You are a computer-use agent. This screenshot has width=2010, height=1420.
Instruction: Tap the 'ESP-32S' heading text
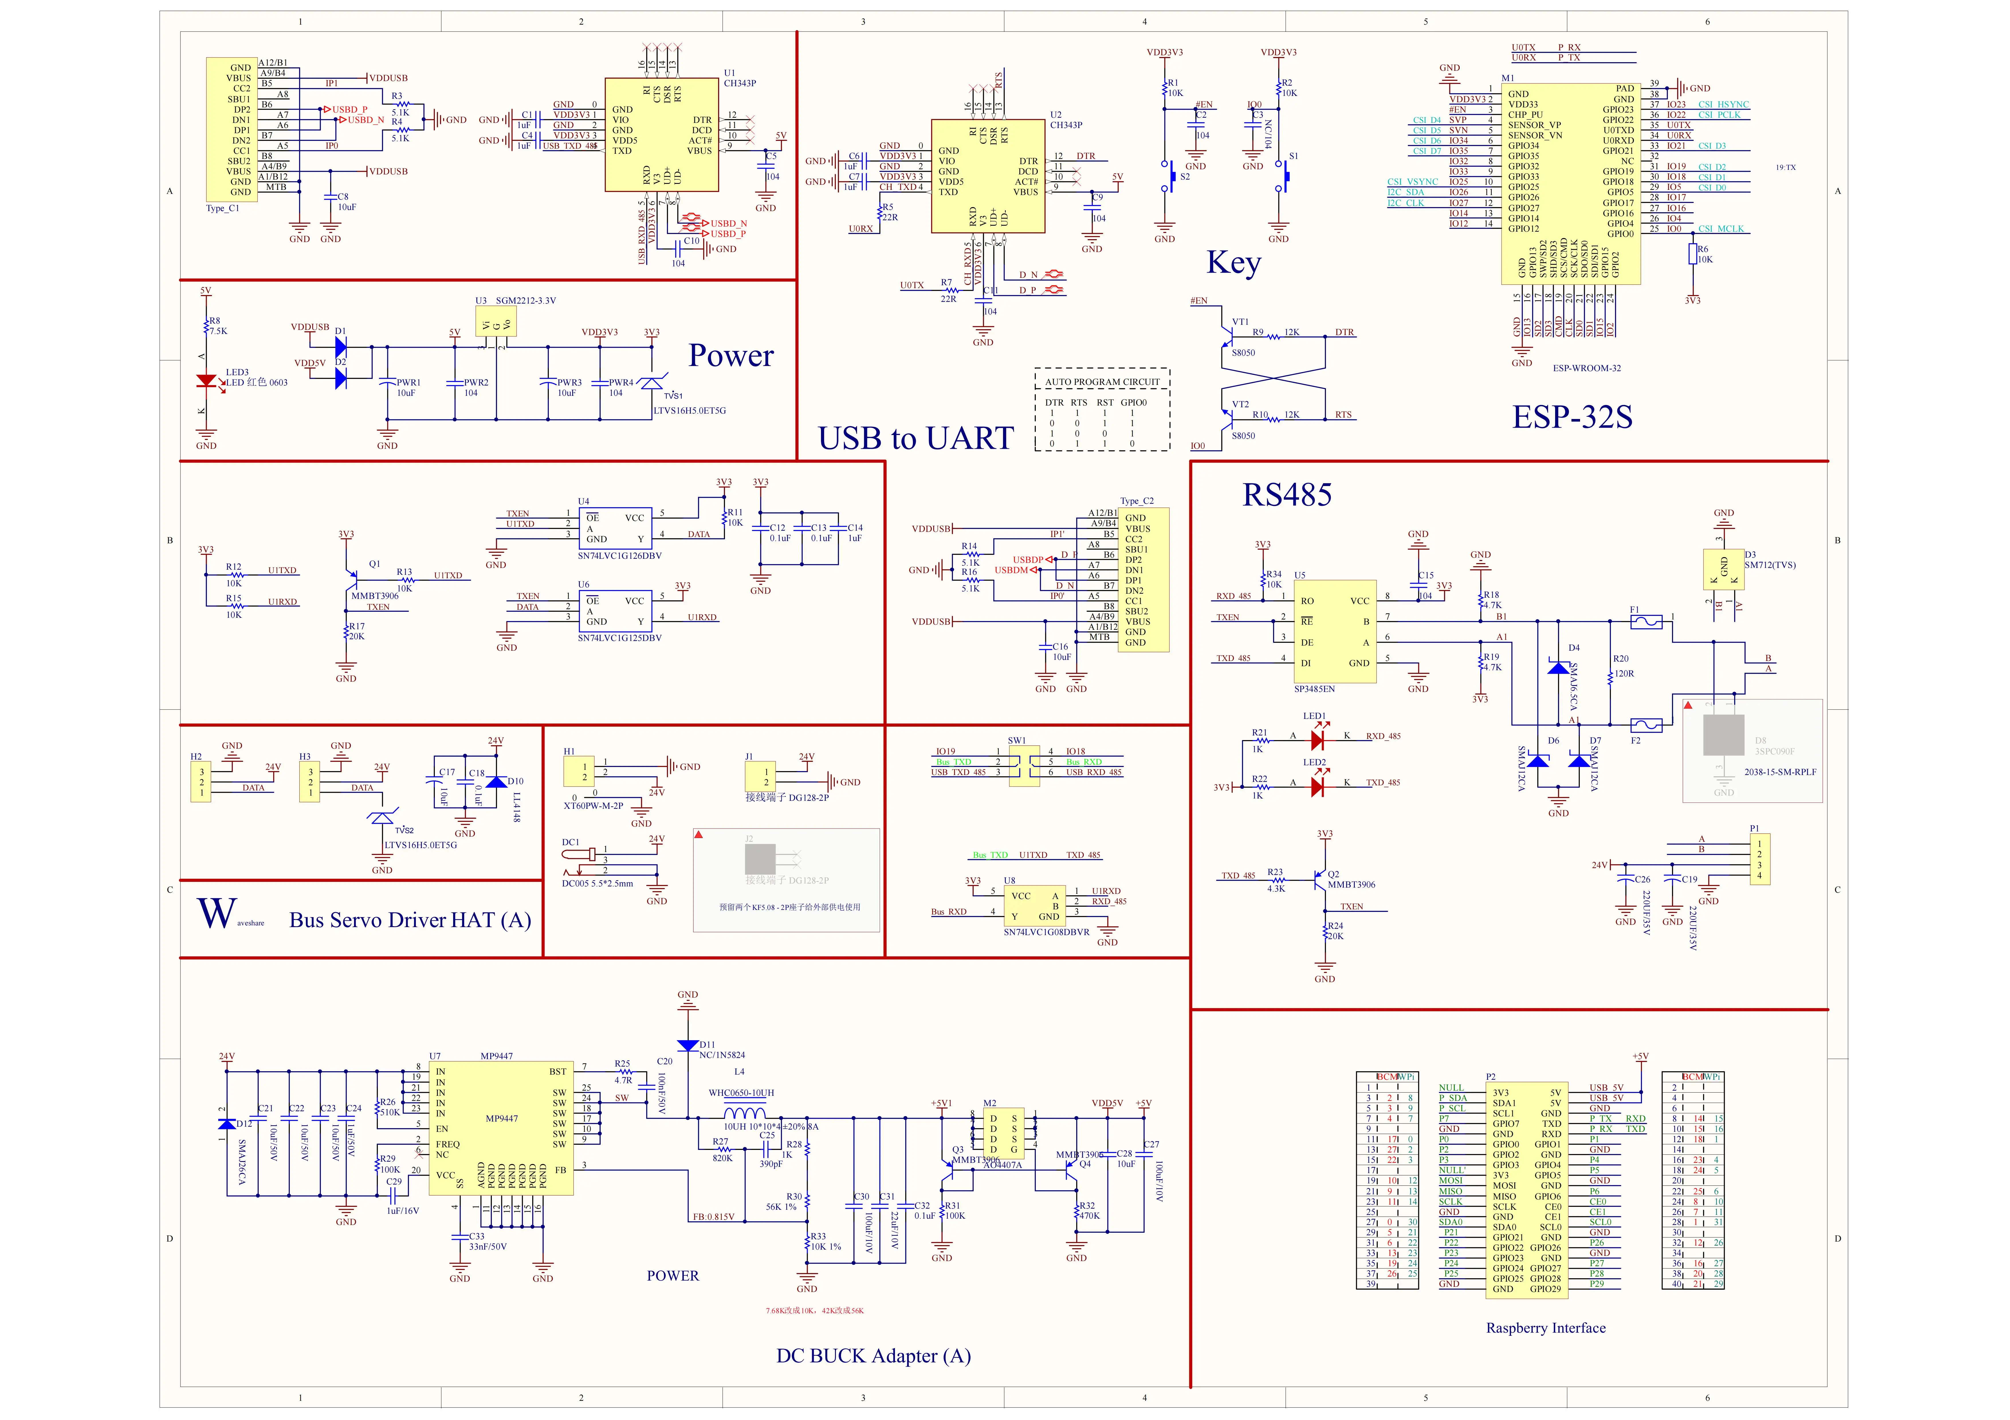[x=1572, y=417]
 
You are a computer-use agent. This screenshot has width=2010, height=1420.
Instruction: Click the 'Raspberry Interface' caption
[x=1546, y=1328]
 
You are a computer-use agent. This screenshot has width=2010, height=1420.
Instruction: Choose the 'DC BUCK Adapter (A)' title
[x=873, y=1356]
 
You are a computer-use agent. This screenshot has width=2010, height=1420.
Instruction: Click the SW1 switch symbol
[x=1024, y=766]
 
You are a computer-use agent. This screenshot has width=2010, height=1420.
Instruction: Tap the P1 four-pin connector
[x=1759, y=860]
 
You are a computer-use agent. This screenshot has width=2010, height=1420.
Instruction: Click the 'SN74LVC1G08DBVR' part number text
[x=1046, y=932]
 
